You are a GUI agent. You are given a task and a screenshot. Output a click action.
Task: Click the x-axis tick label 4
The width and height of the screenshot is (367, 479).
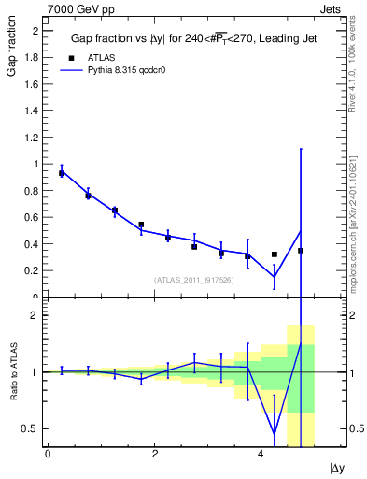point(261,454)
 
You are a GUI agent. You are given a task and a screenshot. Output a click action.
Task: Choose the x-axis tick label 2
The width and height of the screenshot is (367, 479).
point(154,454)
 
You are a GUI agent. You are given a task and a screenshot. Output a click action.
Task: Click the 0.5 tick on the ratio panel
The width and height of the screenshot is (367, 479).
point(31,428)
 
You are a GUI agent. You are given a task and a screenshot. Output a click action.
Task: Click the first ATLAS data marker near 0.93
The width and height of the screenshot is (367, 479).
point(62,173)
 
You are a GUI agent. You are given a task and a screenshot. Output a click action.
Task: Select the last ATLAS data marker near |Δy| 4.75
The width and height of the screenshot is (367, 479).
point(301,251)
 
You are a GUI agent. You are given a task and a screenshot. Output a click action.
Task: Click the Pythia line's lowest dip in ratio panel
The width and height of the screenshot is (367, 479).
point(275,433)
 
